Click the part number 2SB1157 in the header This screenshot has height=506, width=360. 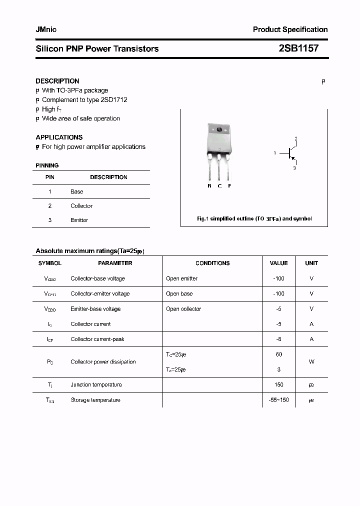point(298,48)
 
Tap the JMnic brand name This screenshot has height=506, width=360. point(46,29)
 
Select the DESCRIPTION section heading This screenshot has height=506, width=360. point(57,81)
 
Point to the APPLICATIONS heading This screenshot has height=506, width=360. point(59,137)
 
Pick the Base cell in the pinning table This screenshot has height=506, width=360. point(77,191)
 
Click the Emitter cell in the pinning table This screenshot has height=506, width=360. point(79,220)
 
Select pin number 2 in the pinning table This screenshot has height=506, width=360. point(50,206)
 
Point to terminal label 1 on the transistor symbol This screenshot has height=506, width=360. point(274,153)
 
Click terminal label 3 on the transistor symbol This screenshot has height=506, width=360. point(294,168)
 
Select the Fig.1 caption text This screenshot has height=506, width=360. point(254,219)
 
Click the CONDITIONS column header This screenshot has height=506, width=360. point(212,263)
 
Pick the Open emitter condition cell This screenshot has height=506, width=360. point(181,278)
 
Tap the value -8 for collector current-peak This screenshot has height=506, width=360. point(278,339)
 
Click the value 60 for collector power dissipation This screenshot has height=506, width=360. point(278,354)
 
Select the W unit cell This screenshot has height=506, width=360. point(311,362)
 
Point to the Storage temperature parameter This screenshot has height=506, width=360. point(95,400)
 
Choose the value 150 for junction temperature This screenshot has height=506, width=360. point(278,384)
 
